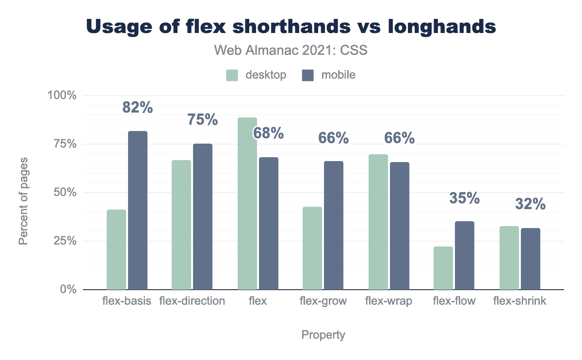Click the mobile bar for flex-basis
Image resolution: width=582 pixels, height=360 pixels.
[138, 210]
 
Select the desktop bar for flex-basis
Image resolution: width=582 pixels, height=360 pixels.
[116, 249]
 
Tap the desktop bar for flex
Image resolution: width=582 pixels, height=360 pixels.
[247, 203]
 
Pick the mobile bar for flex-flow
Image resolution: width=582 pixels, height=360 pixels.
[465, 255]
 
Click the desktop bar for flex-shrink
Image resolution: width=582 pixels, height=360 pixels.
[509, 258]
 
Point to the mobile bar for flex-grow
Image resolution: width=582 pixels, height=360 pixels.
[334, 225]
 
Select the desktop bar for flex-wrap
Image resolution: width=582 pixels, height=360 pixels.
[378, 222]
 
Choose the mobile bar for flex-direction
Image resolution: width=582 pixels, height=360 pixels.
[203, 216]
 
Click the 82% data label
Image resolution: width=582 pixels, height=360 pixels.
[138, 108]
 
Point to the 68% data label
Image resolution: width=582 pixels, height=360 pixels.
[268, 133]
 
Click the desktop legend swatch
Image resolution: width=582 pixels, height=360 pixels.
[232, 75]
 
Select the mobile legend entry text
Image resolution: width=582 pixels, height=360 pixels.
[338, 75]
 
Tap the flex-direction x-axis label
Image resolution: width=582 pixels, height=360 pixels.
[192, 301]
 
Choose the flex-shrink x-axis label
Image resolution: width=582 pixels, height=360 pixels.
[519, 301]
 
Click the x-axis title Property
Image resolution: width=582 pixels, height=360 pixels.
[323, 335]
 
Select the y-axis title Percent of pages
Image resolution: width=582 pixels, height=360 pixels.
[23, 200]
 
